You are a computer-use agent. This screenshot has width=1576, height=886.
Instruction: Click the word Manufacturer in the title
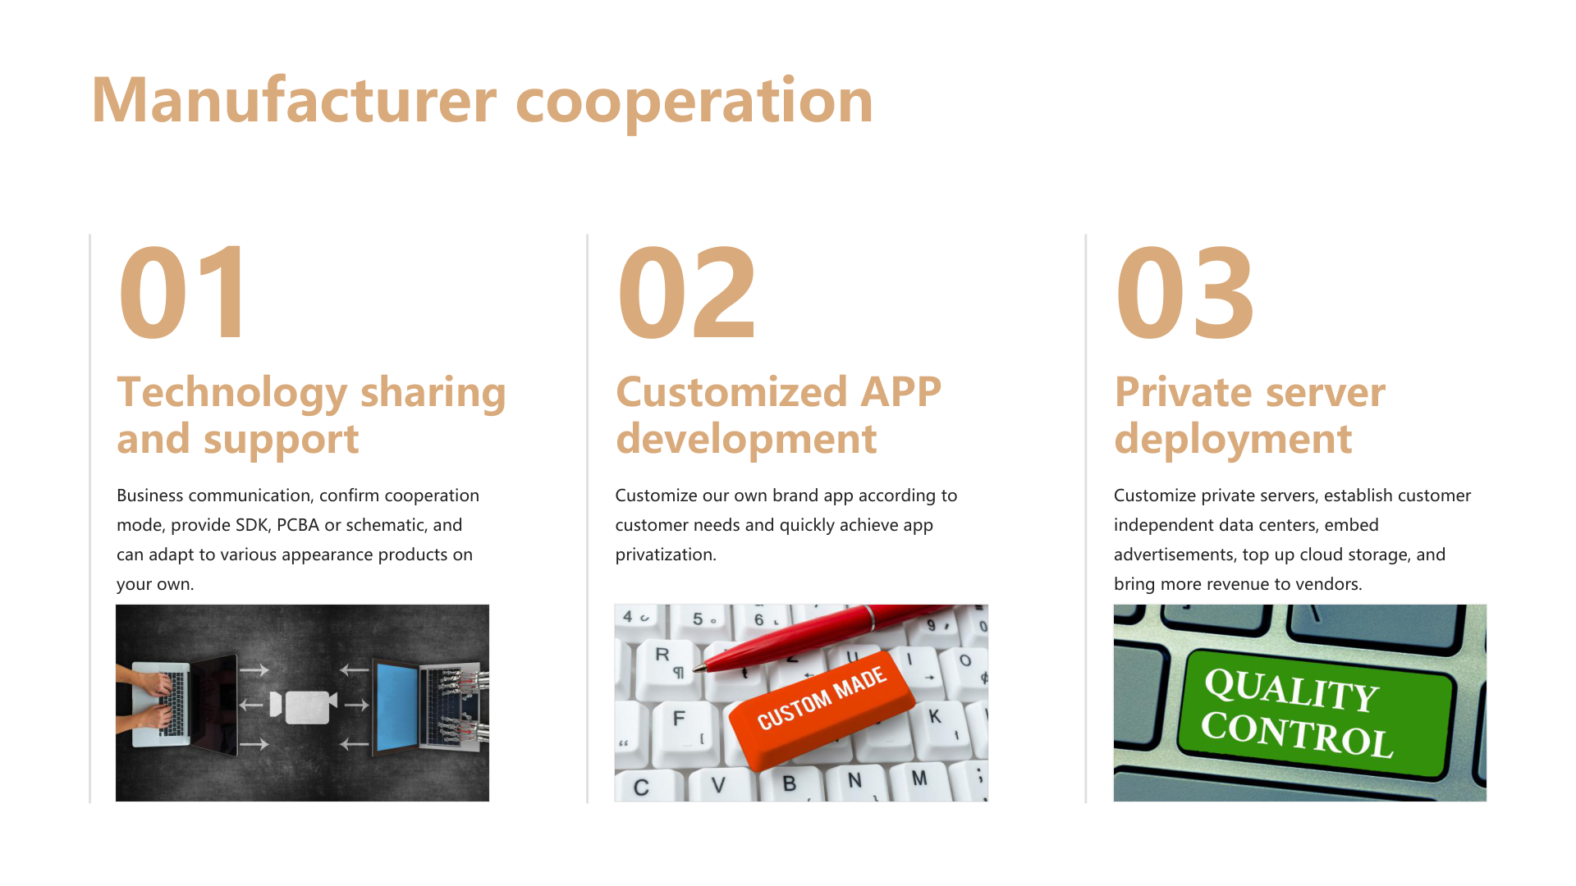pos(294,100)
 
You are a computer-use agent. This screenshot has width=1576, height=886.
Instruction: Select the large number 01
pos(181,293)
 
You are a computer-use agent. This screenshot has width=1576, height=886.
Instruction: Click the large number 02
pos(686,293)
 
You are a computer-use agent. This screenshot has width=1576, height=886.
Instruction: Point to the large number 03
pos(1184,293)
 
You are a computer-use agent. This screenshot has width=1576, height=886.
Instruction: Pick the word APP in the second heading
pos(900,392)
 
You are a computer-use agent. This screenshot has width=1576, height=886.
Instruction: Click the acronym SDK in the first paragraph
pos(252,525)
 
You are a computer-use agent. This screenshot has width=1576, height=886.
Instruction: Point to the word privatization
pos(666,555)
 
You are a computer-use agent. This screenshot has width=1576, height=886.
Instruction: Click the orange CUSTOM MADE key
pos(822,707)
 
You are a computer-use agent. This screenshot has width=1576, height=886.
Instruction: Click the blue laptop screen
pos(397,707)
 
